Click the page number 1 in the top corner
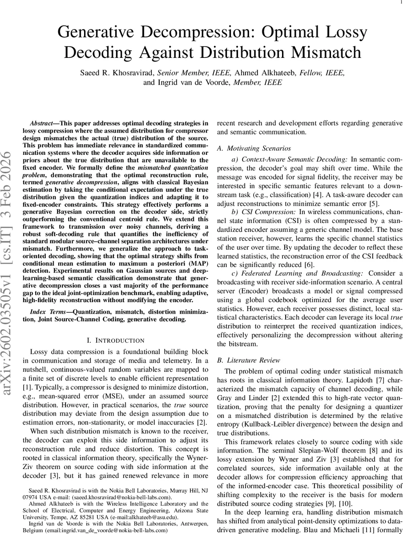400,3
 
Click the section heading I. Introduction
115,340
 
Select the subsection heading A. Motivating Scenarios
254,148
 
